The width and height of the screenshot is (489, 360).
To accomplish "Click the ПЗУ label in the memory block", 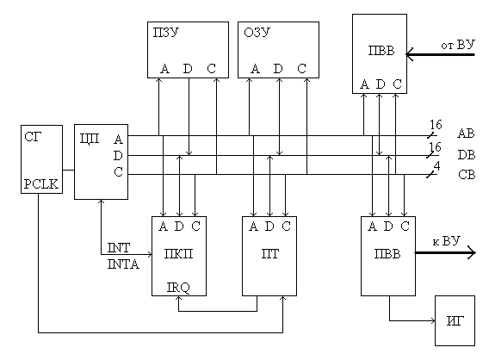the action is pyautogui.click(x=165, y=33).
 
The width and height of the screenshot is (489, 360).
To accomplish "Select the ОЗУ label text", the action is pyautogui.click(x=257, y=33).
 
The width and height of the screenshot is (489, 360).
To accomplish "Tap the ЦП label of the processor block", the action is pyautogui.click(x=90, y=138).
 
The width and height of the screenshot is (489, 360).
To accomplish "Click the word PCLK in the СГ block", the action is pyautogui.click(x=40, y=184).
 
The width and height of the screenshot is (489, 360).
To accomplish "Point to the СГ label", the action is pyautogui.click(x=33, y=137).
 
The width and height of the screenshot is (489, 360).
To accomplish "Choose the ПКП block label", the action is pyautogui.click(x=179, y=254).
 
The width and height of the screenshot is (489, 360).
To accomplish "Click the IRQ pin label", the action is pyautogui.click(x=178, y=288).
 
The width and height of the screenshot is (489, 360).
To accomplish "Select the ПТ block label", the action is pyautogui.click(x=269, y=254).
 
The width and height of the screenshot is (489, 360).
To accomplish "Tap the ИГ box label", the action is pyautogui.click(x=455, y=320).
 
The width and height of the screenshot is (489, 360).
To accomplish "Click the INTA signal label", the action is pyautogui.click(x=123, y=264).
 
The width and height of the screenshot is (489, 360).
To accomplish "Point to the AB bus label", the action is pyautogui.click(x=466, y=133).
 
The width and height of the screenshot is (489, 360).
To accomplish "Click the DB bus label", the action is pyautogui.click(x=467, y=155).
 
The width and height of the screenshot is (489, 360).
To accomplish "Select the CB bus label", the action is pyautogui.click(x=467, y=175).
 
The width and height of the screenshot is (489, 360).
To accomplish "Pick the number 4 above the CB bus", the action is pyautogui.click(x=437, y=166).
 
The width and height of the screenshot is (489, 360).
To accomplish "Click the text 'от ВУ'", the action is pyautogui.click(x=458, y=45).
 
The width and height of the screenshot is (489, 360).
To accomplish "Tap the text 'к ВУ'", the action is pyautogui.click(x=446, y=241).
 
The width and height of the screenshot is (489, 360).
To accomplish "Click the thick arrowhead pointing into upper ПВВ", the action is pyautogui.click(x=409, y=54).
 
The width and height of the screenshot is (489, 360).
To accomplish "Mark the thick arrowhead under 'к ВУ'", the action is pyautogui.click(x=472, y=252).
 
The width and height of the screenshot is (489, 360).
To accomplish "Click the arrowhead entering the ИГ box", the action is pyautogui.click(x=433, y=320).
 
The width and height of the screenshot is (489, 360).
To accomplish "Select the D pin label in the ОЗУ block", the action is pyautogui.click(x=278, y=69).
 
